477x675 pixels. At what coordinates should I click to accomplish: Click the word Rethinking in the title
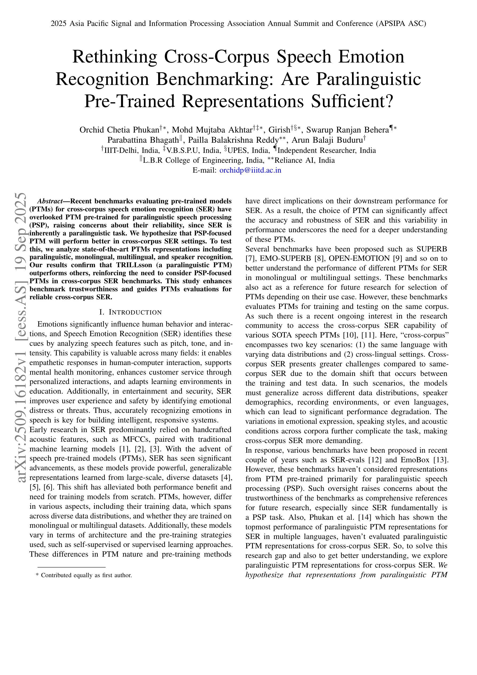click(114, 57)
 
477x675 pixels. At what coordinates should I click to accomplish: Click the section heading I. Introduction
click(131, 312)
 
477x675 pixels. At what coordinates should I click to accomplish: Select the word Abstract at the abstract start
click(49, 201)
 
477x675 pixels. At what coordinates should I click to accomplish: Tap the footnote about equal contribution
click(84, 575)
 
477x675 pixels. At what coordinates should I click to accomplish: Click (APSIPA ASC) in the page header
click(401, 24)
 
